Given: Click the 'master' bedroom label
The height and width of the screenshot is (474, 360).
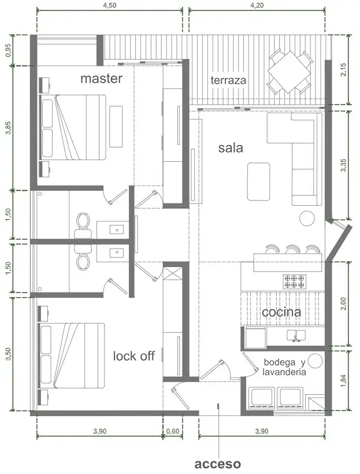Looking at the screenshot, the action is pyautogui.click(x=101, y=79).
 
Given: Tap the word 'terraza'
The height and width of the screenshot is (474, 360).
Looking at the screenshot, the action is pyautogui.click(x=228, y=80).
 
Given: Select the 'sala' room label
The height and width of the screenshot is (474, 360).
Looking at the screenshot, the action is pyautogui.click(x=231, y=148).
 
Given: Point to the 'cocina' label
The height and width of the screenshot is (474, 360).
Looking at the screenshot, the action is pyautogui.click(x=281, y=312).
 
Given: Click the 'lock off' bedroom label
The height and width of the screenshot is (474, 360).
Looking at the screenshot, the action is pyautogui.click(x=134, y=356).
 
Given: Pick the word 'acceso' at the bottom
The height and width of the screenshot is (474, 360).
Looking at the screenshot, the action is pyautogui.click(x=218, y=464).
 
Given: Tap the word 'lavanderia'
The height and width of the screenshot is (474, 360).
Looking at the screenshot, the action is pyautogui.click(x=284, y=372).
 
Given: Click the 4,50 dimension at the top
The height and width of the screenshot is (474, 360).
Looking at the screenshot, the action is pyautogui.click(x=109, y=6).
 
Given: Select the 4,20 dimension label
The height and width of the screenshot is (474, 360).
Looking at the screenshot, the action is pyautogui.click(x=257, y=6).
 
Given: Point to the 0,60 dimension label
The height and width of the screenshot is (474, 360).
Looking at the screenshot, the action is pyautogui.click(x=173, y=431).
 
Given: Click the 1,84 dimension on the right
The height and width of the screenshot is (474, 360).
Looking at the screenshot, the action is pyautogui.click(x=343, y=380).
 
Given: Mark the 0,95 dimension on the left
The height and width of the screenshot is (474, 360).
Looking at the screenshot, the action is pyautogui.click(x=9, y=50).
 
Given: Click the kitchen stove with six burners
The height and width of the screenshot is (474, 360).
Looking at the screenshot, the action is pyautogui.click(x=294, y=282).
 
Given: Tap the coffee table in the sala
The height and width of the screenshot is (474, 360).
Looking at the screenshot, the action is pyautogui.click(x=258, y=182).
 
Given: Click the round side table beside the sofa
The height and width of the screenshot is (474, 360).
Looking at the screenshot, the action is pyautogui.click(x=307, y=218).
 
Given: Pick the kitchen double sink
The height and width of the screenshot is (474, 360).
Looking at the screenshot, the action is pyautogui.click(x=296, y=335).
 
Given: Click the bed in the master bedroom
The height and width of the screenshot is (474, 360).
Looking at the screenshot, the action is pyautogui.click(x=73, y=127).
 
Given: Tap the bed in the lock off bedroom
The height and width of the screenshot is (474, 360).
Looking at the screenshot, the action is pyautogui.click(x=72, y=355).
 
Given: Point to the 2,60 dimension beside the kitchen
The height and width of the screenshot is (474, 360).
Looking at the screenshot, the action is pyautogui.click(x=343, y=303).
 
